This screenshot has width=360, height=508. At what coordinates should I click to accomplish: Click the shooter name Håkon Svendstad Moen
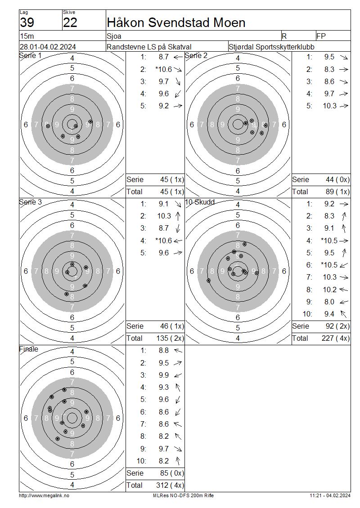pos(176,22)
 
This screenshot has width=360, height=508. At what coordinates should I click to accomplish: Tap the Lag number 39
pos(27,22)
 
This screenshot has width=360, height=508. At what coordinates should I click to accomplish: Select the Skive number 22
pos(70,22)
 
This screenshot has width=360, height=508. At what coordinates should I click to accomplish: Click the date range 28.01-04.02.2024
pos(48,47)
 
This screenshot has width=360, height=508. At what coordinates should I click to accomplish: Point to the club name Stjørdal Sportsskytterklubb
pos(271,47)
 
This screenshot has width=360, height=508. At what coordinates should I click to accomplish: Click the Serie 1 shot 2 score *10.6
pos(163,69)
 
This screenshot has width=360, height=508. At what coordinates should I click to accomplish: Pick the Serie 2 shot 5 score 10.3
pos(329,106)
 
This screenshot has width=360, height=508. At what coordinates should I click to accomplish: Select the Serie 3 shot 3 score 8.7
pos(164,228)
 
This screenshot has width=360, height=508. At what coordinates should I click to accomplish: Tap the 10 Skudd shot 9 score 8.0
pos(329,302)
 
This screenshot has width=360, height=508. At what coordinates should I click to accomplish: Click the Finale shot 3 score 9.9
pos(164,375)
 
